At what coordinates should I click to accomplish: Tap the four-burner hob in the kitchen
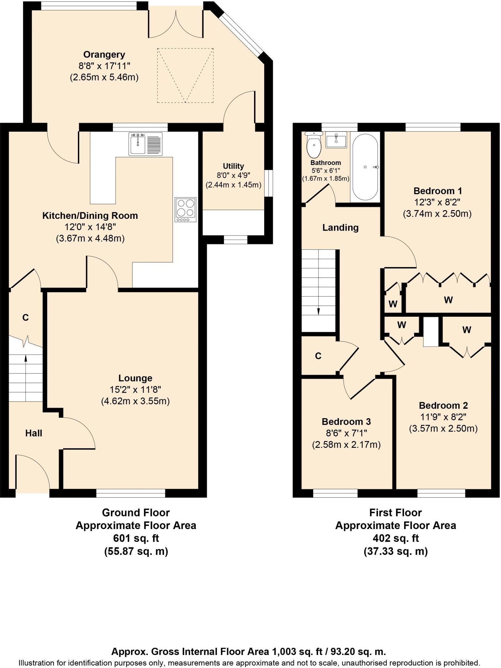click(186, 209)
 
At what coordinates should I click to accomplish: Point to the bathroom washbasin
click(336, 140)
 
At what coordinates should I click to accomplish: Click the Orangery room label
click(104, 54)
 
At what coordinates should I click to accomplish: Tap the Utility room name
click(233, 166)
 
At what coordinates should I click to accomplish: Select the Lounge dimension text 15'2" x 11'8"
click(135, 389)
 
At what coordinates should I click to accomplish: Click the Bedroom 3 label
click(346, 422)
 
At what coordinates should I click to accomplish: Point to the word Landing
click(340, 227)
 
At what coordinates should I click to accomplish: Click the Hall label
click(34, 433)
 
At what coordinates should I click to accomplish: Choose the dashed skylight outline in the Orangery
click(185, 75)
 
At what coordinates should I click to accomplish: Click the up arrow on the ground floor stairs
click(26, 359)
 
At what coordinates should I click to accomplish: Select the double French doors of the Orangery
click(176, 24)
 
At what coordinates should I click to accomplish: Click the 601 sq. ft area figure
click(136, 538)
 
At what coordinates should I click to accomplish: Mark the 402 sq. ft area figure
click(395, 538)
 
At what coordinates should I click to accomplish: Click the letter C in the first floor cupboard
click(318, 356)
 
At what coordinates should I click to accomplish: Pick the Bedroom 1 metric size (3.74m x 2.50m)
click(437, 214)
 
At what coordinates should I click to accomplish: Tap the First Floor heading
click(395, 513)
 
